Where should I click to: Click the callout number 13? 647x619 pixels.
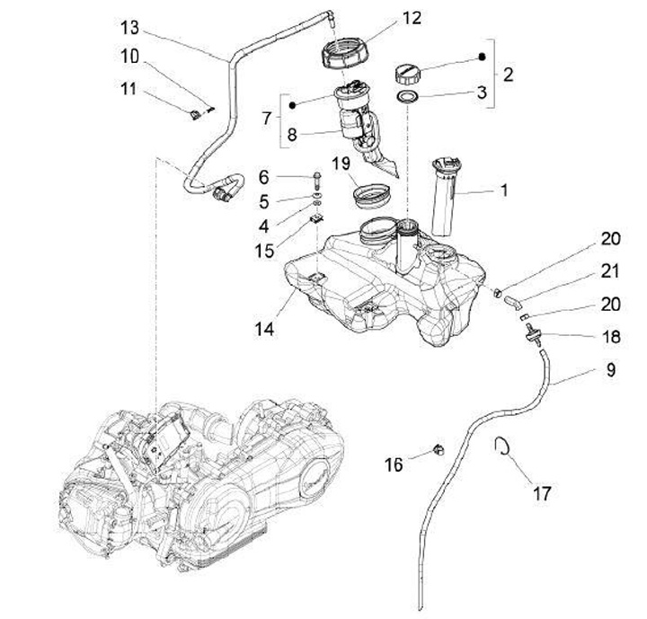130,28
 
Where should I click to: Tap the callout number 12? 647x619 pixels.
412,18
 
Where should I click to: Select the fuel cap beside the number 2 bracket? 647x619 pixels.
406,74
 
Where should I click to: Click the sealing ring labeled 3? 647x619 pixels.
408,97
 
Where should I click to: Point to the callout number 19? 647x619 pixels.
341,164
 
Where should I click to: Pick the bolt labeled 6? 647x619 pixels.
316,181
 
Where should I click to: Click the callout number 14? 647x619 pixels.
263,329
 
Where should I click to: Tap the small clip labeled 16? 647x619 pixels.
439,449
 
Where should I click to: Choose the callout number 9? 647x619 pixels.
611,369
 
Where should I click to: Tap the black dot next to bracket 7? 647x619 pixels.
292,105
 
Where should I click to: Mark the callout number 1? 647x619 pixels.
503,190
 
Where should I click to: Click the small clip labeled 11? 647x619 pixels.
194,114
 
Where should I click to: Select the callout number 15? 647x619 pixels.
264,250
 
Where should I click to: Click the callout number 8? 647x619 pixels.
292,135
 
